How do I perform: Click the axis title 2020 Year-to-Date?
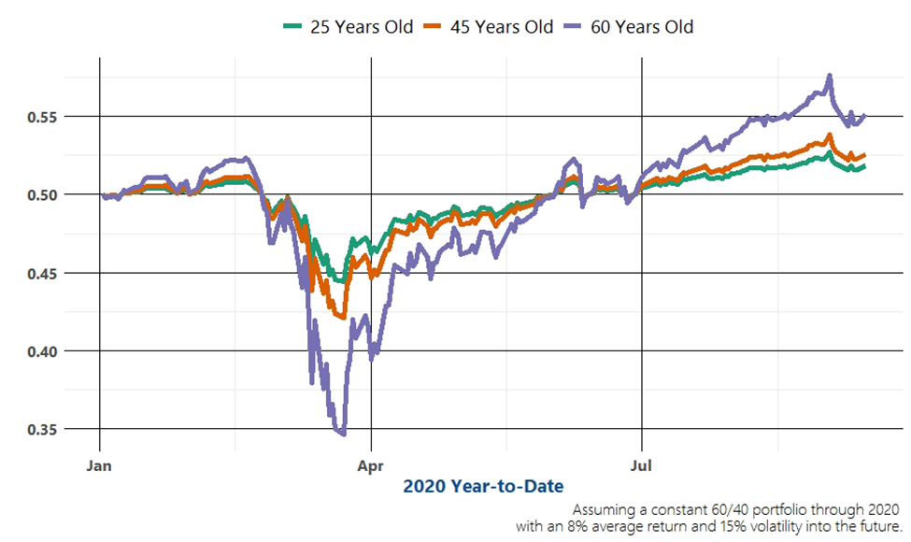tap(483, 486)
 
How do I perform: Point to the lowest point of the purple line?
tap(343, 434)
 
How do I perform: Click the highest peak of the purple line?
tap(829, 76)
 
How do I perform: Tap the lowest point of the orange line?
tap(343, 318)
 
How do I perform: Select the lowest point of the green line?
tap(341, 281)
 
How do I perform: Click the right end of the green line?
tap(865, 166)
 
